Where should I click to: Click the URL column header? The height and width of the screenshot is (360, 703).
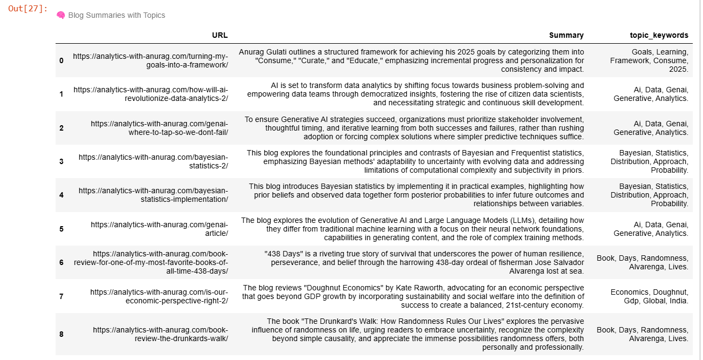point(220,35)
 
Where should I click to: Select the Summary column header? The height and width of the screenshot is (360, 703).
point(566,35)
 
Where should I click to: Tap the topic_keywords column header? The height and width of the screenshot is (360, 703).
point(659,35)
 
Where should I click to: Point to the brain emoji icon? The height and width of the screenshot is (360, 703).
point(61,15)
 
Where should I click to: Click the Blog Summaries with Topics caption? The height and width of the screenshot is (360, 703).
point(117,15)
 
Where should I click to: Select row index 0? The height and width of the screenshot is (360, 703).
point(62,60)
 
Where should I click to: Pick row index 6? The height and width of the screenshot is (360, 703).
point(62,262)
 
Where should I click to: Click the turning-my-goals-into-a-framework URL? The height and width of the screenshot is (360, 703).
point(151,60)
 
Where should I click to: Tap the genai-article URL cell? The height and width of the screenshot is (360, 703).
point(159,229)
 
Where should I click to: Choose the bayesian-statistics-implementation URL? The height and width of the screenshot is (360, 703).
point(153,195)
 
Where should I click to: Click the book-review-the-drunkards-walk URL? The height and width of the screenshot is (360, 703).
point(160,334)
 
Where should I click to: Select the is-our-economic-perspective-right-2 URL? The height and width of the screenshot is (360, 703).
point(159,296)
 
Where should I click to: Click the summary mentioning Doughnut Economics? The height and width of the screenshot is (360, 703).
point(413,296)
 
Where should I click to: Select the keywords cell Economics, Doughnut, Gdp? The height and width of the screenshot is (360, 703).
point(650,296)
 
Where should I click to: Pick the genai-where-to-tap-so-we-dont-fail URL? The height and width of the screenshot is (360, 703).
point(159,128)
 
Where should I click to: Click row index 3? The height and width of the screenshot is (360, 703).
point(62,161)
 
